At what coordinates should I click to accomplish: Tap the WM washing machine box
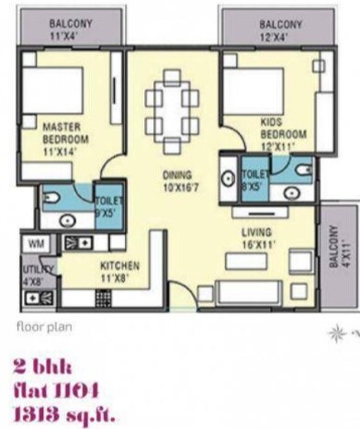pos(36,243)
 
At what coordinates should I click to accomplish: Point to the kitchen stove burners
pos(78,243)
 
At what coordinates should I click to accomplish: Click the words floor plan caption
pos(43,326)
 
